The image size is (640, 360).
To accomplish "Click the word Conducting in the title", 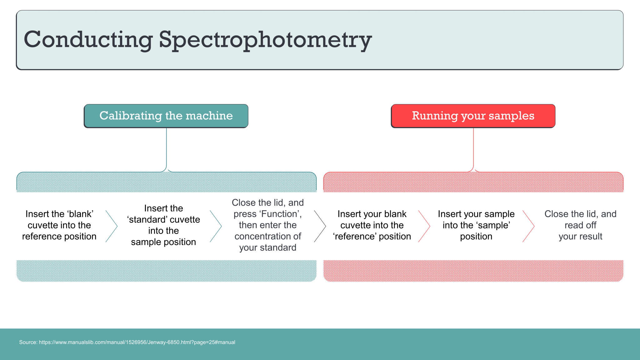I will pos(88,40).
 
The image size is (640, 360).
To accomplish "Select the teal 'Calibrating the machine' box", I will pos(166,116).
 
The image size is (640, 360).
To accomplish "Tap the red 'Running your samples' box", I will pos(473,116).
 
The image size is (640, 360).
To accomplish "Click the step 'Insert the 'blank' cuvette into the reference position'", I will pos(59,225).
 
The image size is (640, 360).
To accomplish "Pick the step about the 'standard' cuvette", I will pos(163,225).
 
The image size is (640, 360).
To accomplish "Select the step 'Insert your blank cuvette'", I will pos(372,225).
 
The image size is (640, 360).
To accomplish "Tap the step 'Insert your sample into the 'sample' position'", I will pos(476,225).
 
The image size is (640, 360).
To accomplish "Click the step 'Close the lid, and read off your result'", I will pos(580,225).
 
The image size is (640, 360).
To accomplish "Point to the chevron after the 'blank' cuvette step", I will pos(112,226).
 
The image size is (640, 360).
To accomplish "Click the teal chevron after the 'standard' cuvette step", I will pos(216,226).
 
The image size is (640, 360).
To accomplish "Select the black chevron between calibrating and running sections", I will pos(320,226).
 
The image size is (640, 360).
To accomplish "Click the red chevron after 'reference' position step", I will pos(424,226).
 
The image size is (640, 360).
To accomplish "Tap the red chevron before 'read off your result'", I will pos(529,226).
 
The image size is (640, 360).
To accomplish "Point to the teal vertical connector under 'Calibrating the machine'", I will pos(167,148).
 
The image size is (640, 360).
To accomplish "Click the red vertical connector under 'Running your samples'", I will pos(473,148).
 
